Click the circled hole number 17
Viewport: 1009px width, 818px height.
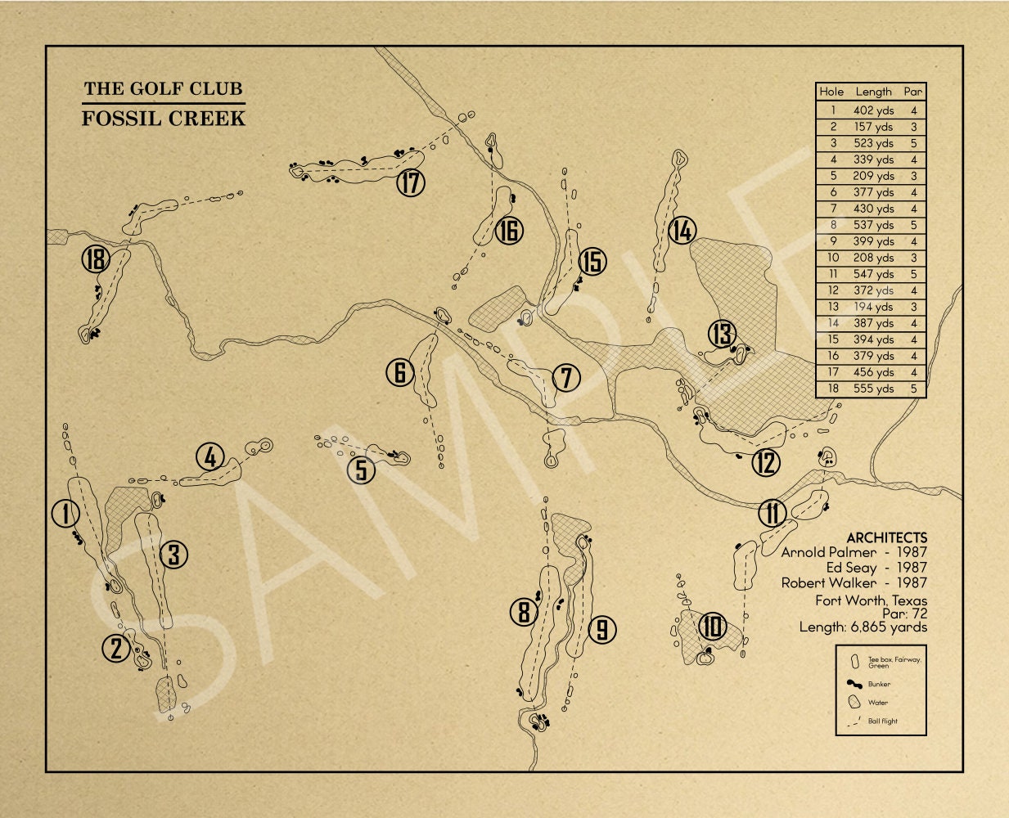pos(411,182)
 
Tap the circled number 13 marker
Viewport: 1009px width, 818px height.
pos(722,334)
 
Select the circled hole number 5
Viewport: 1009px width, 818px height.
pos(361,470)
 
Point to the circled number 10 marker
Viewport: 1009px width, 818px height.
pos(712,627)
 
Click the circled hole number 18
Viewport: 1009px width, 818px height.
pos(96,261)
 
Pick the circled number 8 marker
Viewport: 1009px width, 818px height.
pos(524,612)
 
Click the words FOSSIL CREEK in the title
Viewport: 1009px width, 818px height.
pos(164,118)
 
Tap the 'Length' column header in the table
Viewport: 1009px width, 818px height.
pos(873,92)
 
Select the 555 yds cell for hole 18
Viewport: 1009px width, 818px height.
pos(873,389)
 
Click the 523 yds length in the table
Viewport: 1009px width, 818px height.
pos(873,143)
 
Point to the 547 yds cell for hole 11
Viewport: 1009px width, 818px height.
pos(873,274)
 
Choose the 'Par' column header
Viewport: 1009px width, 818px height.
pos(912,92)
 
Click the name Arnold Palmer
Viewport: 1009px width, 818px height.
pos(828,552)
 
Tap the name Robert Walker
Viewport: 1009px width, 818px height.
pos(828,583)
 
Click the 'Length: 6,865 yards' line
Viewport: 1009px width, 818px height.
pos(863,627)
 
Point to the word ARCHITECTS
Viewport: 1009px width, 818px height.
pos(886,537)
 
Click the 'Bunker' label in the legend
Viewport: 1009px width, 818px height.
pos(879,684)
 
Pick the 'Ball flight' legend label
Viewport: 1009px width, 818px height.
pos(882,721)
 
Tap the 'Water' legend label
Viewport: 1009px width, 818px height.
pos(877,703)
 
